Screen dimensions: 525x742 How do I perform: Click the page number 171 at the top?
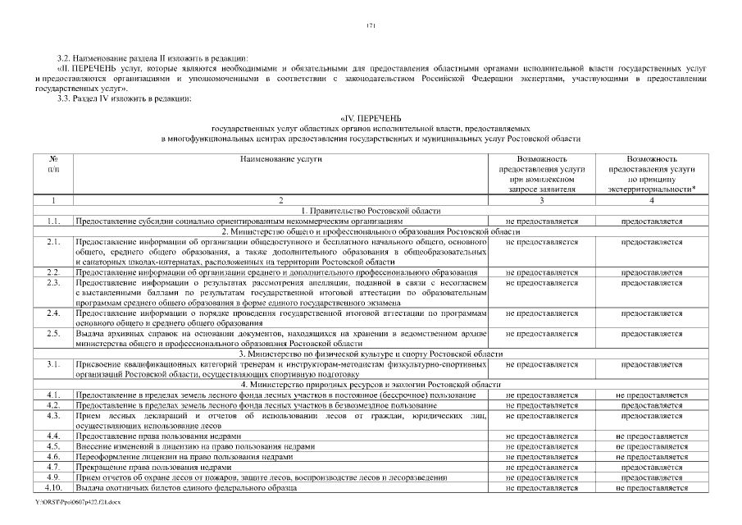click(x=371, y=26)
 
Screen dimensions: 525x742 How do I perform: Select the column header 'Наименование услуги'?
click(x=280, y=158)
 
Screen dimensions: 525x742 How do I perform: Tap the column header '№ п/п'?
click(x=52, y=163)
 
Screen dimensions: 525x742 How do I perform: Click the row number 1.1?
click(x=53, y=221)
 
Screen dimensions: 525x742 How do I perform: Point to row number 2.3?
click(x=53, y=282)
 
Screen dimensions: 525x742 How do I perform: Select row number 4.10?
click(x=53, y=488)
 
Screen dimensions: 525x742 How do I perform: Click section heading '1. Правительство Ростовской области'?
click(x=371, y=211)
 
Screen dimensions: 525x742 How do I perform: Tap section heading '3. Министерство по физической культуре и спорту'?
click(x=371, y=354)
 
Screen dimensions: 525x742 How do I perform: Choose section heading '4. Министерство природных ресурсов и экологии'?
click(x=371, y=385)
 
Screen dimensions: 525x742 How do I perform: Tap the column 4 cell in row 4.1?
click(x=652, y=395)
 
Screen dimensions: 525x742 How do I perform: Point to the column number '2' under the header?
click(x=280, y=200)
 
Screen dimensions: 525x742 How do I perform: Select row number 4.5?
click(x=53, y=446)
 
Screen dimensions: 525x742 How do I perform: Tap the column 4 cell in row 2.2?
click(x=652, y=272)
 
